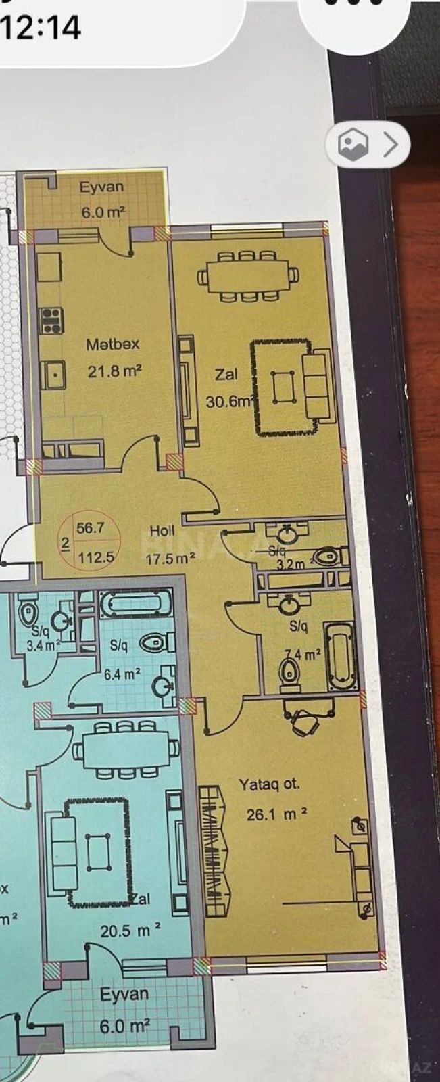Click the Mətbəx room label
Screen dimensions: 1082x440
coord(112,344)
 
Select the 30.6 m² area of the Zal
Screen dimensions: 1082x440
coord(229,401)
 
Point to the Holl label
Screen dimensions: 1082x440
coord(162,531)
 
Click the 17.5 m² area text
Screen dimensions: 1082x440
coord(170,559)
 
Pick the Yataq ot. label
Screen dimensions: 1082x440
coord(269,784)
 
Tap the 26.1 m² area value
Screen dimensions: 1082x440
coord(277,814)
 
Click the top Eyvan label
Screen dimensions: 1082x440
coord(101,187)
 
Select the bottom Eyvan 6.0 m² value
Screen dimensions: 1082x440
coord(124,1026)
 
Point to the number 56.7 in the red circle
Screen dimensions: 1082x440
coord(90,528)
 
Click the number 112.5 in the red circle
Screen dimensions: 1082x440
coord(94,558)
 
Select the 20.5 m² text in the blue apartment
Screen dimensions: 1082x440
coord(130,931)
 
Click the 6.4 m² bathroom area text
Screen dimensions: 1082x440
coord(122,674)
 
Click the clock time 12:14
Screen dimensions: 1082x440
coord(42,28)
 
